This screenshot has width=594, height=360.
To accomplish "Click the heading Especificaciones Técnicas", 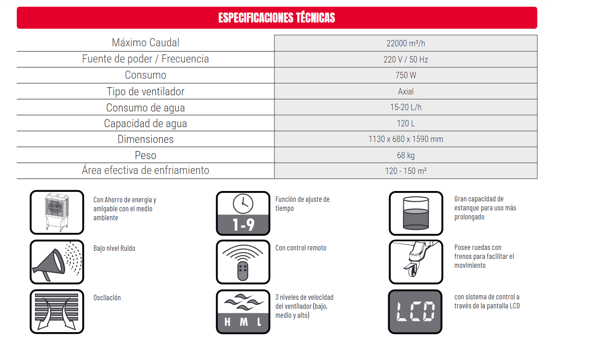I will coord(277,18).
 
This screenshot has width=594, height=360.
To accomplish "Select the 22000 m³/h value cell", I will coord(406,43).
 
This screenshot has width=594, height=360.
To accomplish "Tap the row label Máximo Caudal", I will coord(145,43).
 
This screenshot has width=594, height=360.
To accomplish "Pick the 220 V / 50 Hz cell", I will coord(406,59).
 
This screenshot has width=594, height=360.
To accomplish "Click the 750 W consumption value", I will coord(406,76).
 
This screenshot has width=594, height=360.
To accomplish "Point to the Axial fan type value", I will coord(406,91).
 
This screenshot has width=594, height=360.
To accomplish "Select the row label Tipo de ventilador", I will coord(145,91).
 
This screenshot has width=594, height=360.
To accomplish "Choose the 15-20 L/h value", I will coord(406,107).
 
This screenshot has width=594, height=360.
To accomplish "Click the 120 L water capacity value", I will coord(406,123).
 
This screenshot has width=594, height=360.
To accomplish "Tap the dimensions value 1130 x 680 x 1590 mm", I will coord(406,139).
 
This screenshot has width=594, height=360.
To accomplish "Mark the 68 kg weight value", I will coord(406,155).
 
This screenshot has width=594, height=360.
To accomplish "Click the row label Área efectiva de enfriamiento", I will coord(145,171).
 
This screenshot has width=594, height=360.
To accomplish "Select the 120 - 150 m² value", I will coord(406,171).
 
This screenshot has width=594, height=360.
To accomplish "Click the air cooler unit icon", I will coord(57,213).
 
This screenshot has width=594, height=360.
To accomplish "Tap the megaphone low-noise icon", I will coord(57,262).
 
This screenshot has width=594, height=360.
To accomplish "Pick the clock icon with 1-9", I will coord(243,213).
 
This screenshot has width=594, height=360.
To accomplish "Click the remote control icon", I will coord(243,262).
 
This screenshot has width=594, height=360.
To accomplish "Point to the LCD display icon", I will coord(415,311).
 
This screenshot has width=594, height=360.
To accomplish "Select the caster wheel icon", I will coord(415,262).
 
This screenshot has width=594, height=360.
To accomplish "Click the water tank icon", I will coord(415,213).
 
